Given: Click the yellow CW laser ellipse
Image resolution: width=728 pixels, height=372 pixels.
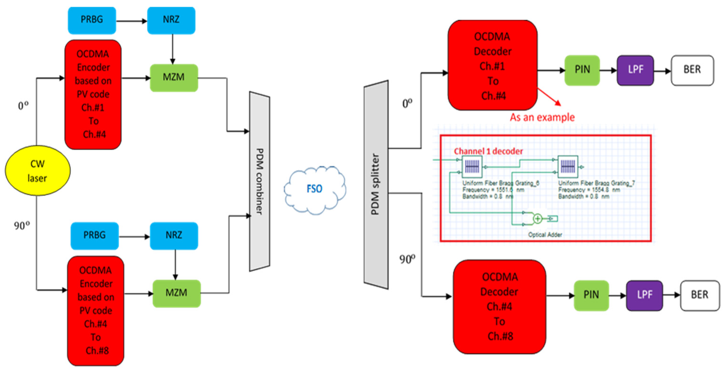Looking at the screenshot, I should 38,171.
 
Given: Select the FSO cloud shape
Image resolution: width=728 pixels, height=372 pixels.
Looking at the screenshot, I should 315,189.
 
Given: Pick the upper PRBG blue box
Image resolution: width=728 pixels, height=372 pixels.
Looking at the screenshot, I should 92,20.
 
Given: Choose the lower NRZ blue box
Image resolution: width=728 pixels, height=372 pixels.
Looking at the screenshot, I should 174,235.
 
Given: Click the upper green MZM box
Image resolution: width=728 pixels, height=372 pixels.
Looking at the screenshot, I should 174,77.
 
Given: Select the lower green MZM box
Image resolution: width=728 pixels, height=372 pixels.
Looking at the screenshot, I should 176,293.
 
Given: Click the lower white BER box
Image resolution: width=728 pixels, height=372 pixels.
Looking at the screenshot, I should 700,295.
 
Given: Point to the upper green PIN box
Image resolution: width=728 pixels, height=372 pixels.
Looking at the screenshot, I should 582,70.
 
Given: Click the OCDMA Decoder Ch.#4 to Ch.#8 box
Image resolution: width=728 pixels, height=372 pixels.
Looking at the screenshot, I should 499,306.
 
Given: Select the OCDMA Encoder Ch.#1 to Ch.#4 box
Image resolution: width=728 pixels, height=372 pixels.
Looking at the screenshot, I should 93,94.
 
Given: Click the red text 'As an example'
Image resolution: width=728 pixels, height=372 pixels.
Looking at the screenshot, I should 542,117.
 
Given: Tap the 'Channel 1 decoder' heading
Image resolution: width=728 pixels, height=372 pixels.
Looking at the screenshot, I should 488,151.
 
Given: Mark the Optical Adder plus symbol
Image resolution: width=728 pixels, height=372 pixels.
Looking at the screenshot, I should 537,219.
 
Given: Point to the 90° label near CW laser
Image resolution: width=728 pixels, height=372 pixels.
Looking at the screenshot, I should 22,226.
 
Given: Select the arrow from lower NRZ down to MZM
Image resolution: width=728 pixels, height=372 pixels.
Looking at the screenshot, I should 175,265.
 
